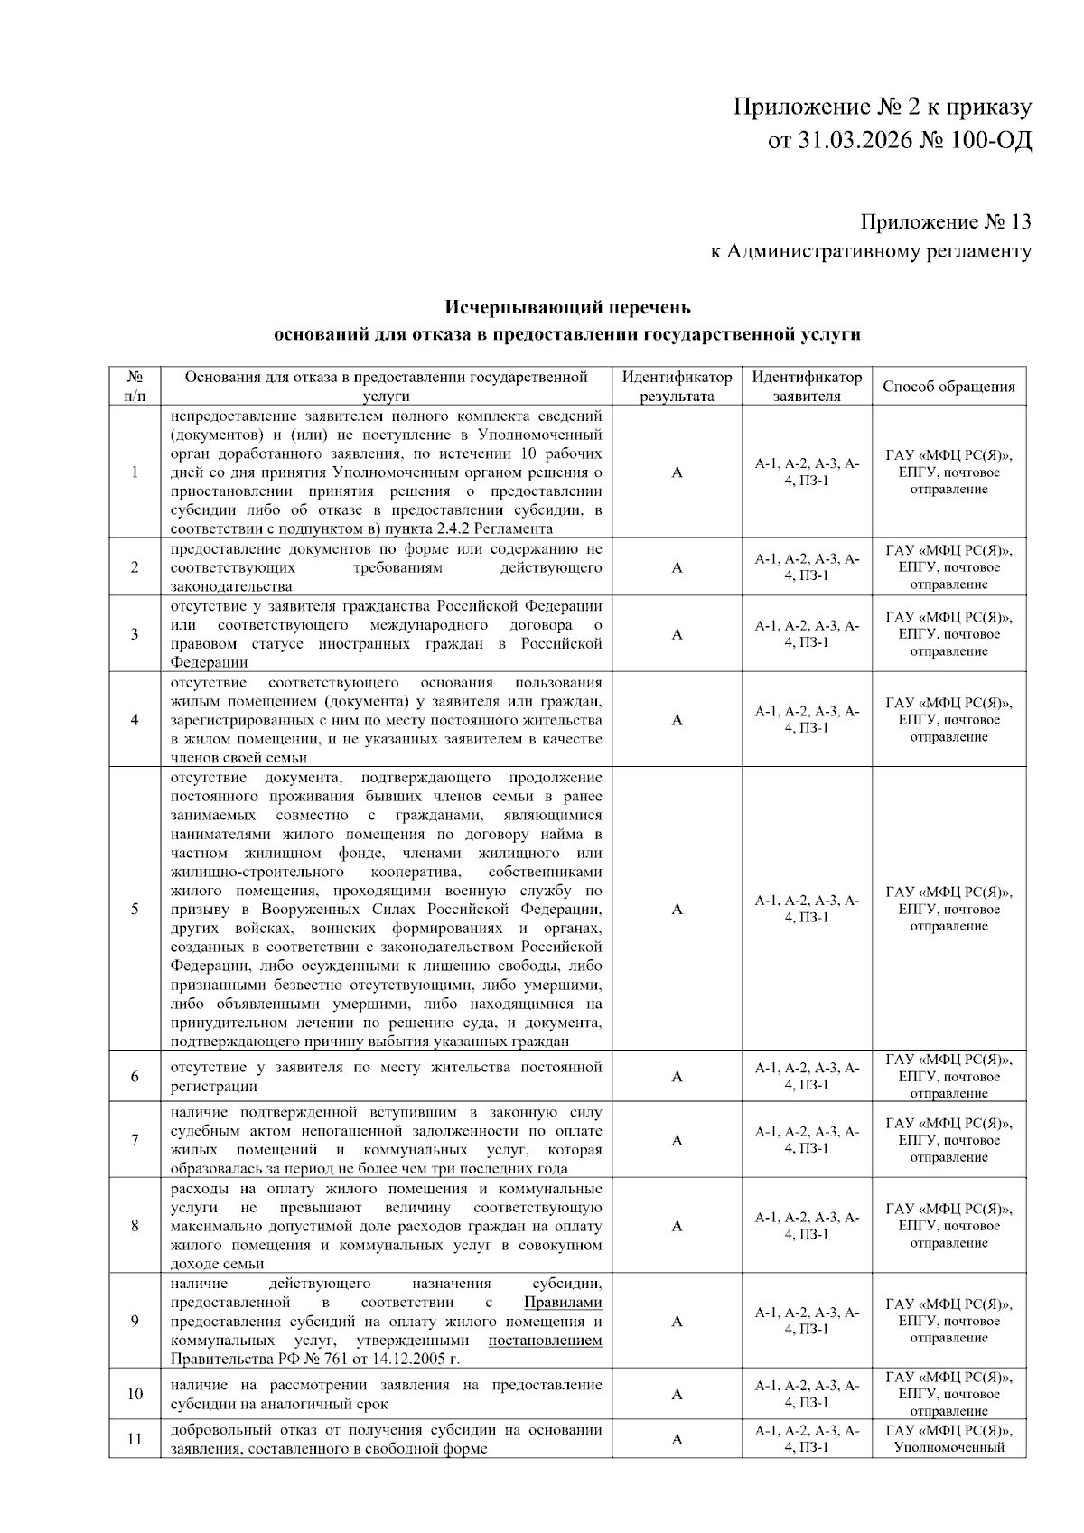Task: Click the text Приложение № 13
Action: (945, 221)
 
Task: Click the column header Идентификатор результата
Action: (677, 387)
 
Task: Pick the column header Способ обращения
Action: (948, 387)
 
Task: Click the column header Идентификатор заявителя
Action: (807, 387)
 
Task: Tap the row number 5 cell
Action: (135, 909)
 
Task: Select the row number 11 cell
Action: (135, 1439)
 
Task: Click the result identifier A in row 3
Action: (677, 634)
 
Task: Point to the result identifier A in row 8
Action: (677, 1226)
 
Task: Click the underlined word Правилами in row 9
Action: (563, 1302)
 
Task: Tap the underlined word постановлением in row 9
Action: (545, 1340)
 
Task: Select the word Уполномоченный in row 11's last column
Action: (948, 1447)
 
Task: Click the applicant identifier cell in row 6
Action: (807, 1076)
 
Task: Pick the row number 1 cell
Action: (135, 472)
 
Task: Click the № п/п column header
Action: (135, 387)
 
